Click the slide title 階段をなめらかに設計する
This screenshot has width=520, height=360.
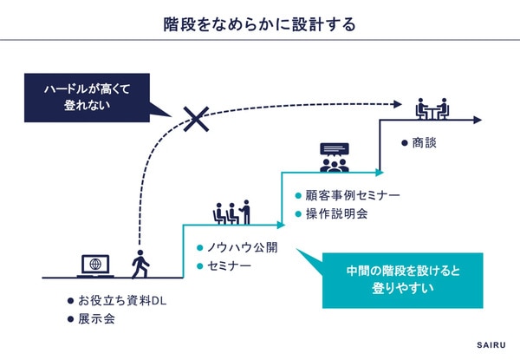[x=260, y=23]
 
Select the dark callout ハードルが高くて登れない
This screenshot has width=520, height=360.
[x=81, y=97]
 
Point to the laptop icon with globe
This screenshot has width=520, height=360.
[x=96, y=265]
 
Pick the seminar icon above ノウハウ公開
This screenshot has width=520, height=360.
[x=231, y=212]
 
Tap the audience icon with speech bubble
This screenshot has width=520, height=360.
[x=334, y=157]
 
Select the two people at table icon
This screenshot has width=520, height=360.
[x=431, y=108]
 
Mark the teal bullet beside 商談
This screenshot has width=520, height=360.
[x=405, y=142]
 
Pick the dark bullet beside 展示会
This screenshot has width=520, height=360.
[x=72, y=319]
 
